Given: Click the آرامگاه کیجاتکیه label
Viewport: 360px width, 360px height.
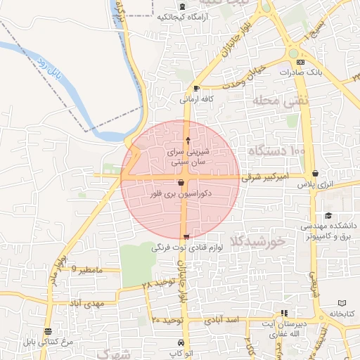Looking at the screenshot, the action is pos(185,16).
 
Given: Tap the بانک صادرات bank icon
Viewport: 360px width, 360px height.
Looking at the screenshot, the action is pos(302,62).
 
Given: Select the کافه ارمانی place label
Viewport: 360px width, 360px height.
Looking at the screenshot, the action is pos(195,100).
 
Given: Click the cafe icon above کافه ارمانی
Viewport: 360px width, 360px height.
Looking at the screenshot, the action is pos(195,89).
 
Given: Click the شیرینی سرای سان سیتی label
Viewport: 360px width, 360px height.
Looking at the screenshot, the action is pos(186,156).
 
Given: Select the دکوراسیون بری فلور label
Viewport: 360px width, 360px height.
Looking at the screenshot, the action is pos(181,192).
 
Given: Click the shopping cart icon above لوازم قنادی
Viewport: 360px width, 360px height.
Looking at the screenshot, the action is pos(186,237).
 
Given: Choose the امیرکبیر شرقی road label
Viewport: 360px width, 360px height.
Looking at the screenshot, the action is pos(266,179).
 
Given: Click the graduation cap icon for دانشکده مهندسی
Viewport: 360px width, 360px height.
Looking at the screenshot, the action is pos(328,216).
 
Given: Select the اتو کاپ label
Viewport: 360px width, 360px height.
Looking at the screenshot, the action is pos(181,353).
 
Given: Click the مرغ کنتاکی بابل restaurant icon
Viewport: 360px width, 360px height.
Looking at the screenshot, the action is pos(47,331).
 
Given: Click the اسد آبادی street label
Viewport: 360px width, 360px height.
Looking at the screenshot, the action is pos(224,319).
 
